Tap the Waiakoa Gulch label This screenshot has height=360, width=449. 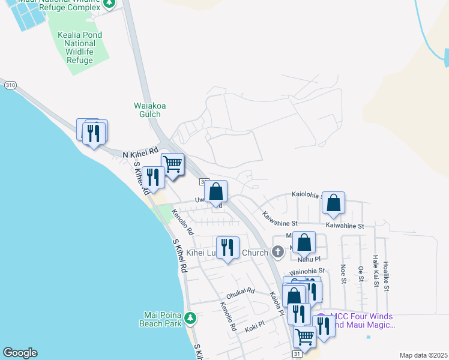coord(149,110)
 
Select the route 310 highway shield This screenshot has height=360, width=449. coord(10,86)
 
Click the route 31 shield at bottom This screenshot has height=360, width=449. coord(297,355)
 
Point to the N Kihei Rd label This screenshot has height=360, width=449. coord(140,154)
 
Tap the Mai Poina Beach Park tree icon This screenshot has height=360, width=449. coord(190,317)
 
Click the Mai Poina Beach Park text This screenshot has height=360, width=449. coord(163,319)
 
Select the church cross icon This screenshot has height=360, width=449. coord(277,252)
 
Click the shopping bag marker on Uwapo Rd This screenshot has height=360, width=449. coord(216,192)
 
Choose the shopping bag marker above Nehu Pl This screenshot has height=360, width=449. coord(304,243)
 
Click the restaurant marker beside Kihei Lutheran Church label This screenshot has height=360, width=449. coord(228,247)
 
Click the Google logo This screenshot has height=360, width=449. coord(20,353)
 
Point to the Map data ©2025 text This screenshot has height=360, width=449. coord(423,355)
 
